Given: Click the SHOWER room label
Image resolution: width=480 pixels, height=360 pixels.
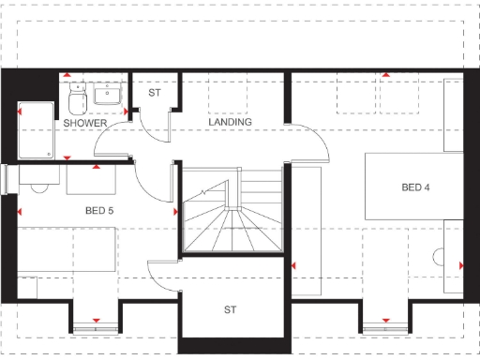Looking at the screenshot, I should (84, 123).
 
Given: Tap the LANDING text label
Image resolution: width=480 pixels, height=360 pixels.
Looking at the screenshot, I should (230, 123).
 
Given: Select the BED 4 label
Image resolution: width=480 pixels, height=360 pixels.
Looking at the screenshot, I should (415, 187).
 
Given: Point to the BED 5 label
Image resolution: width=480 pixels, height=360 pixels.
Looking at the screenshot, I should (98, 211).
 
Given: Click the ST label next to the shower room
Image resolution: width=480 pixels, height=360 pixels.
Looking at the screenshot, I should (155, 93).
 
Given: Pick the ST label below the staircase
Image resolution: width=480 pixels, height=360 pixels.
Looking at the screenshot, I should (230, 308).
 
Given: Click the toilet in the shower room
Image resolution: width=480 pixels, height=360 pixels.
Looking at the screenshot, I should (77, 94).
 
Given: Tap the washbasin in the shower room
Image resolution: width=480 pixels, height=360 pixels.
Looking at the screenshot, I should (111, 93).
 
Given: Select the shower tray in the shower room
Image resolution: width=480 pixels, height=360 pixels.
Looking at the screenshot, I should (36, 131).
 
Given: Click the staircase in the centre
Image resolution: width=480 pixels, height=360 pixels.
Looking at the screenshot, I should (232, 211).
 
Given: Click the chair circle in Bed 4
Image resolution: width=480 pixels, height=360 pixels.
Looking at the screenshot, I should (439, 255).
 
